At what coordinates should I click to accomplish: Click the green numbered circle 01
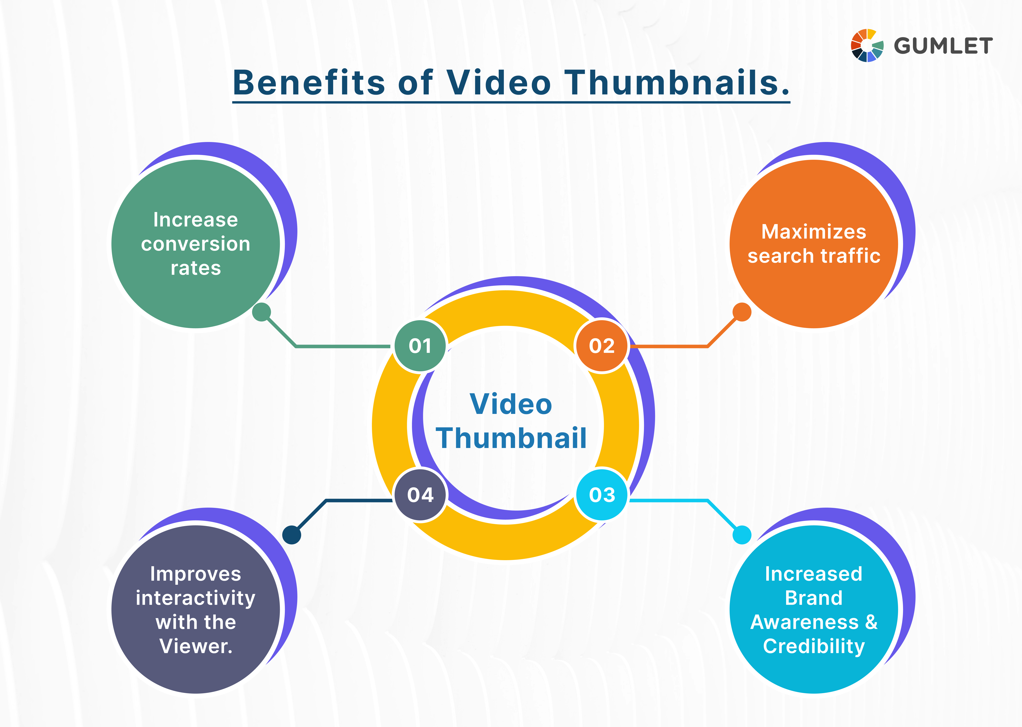[420, 346]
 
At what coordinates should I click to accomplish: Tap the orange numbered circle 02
[602, 346]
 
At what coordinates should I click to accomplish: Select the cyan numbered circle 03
[602, 495]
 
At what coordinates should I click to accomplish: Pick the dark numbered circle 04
[420, 495]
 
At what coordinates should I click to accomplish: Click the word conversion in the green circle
[196, 244]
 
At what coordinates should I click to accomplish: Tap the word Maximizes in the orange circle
[814, 232]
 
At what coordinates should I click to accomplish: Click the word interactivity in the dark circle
[196, 598]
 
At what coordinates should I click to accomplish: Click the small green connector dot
[262, 312]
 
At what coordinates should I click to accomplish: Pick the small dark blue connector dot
[292, 535]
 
